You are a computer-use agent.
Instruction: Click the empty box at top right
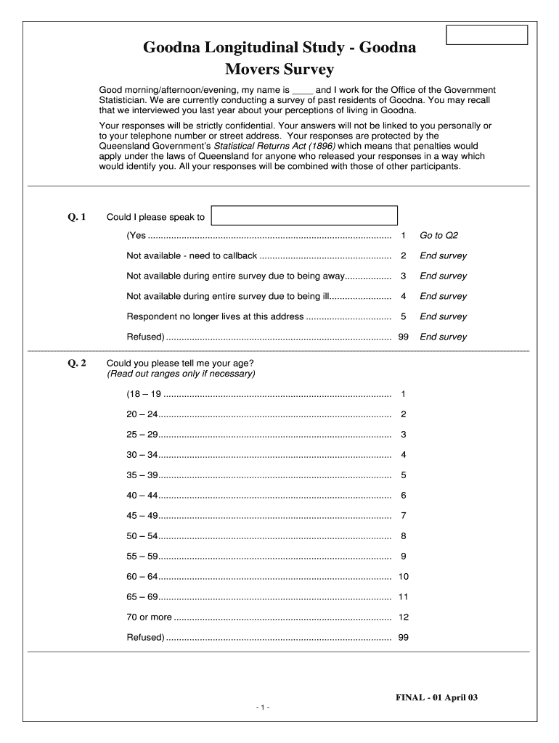486,35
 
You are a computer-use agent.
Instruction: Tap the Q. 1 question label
77,217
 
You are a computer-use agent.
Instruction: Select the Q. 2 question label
77,363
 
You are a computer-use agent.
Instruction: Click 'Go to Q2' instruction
438,236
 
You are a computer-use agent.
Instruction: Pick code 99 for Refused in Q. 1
403,337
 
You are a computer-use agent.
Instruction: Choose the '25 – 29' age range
142,435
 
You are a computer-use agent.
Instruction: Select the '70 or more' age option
150,617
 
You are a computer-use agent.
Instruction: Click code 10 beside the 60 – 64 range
403,577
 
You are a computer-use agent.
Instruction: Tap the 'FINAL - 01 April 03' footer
436,697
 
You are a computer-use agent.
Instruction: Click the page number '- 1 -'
262,707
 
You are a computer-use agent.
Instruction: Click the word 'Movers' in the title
253,70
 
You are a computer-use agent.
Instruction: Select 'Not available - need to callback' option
192,256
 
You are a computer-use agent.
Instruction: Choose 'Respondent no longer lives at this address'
215,316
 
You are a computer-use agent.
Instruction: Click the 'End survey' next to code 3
443,276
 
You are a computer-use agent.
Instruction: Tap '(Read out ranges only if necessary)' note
181,374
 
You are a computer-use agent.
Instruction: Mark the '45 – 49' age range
142,516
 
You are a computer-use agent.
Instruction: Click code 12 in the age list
403,617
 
